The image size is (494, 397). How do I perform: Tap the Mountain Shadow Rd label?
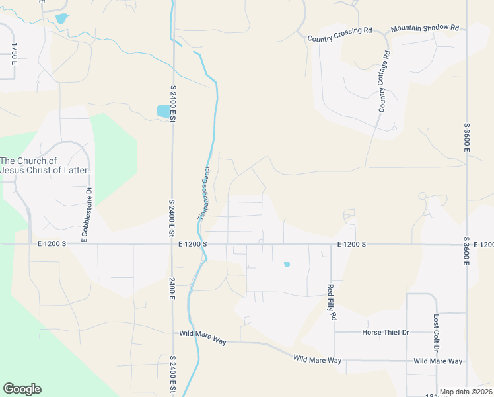[424, 28]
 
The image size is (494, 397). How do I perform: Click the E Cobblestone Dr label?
[86, 215]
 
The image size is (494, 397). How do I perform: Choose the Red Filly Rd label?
[332, 302]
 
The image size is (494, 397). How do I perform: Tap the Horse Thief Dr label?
[386, 332]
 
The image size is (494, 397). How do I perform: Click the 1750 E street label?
[13, 54]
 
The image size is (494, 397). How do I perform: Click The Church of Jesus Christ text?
[46, 165]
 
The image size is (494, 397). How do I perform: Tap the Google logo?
[22, 389]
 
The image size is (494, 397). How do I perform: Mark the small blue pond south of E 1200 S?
[287, 265]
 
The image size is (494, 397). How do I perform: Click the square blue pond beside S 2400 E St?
[163, 111]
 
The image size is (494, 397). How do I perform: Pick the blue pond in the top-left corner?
[61, 19]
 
